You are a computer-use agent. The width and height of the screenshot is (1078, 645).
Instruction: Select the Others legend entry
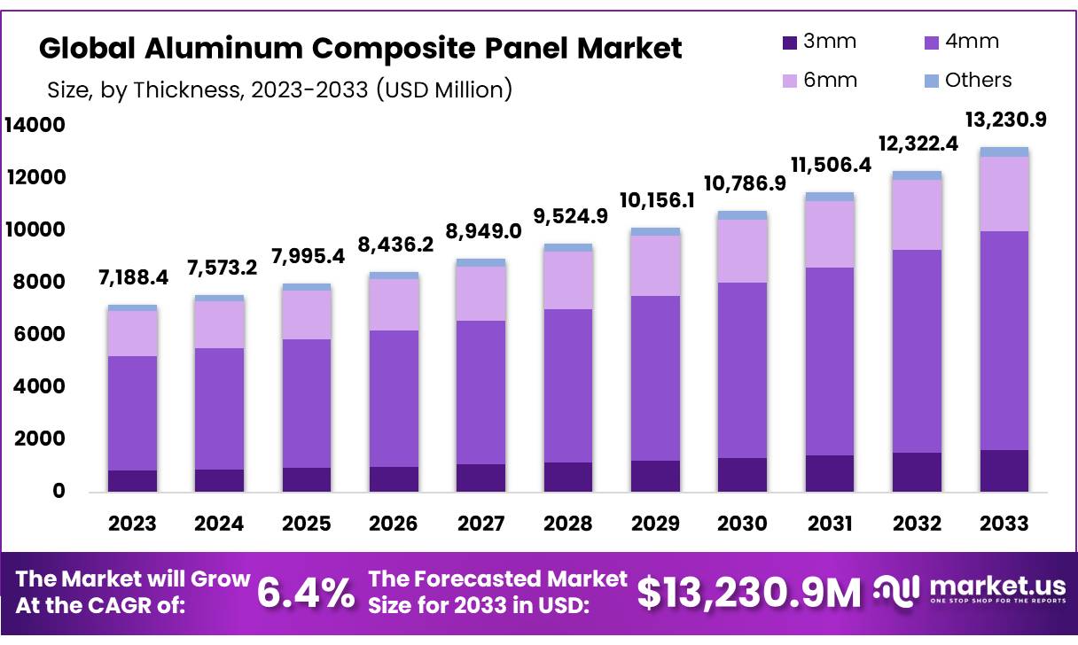[x=965, y=81]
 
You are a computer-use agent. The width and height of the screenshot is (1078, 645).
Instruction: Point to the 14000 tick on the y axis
[x=35, y=126]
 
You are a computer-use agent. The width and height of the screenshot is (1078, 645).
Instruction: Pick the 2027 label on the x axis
[x=481, y=524]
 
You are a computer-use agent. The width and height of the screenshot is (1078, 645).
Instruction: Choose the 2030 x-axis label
[x=742, y=524]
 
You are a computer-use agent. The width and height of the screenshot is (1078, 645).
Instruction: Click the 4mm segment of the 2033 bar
[x=1004, y=340]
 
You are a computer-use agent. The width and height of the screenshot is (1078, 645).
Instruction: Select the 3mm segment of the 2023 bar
[x=133, y=480]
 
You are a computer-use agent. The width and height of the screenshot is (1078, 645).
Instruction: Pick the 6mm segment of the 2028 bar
[x=568, y=280]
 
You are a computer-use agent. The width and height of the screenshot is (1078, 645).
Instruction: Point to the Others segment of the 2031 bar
[x=830, y=197]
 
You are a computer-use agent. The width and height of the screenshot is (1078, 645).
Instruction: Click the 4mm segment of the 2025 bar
[x=307, y=403]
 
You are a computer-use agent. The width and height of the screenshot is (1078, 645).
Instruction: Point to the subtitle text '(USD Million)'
[x=444, y=89]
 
